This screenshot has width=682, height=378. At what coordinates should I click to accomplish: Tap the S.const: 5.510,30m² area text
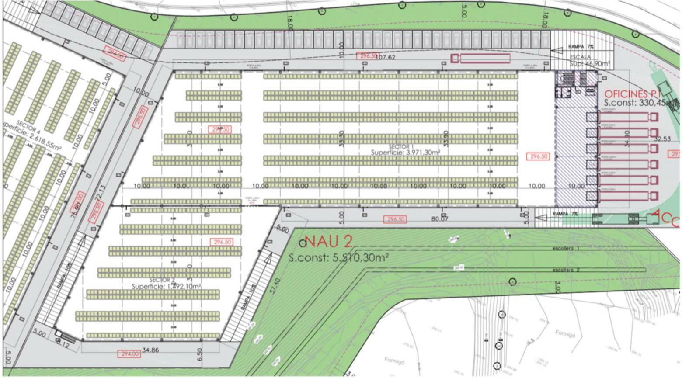click(x=339, y=258)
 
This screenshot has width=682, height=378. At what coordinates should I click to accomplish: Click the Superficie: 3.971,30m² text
click(x=405, y=153)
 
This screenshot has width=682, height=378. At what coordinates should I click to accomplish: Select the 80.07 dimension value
click(x=440, y=218)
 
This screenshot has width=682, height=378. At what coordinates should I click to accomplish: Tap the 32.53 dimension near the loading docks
click(x=662, y=139)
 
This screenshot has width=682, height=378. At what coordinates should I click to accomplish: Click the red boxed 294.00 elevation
click(x=129, y=354)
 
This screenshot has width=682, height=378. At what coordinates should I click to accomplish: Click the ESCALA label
click(x=581, y=57)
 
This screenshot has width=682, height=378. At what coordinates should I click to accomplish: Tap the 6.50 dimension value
click(x=200, y=353)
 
